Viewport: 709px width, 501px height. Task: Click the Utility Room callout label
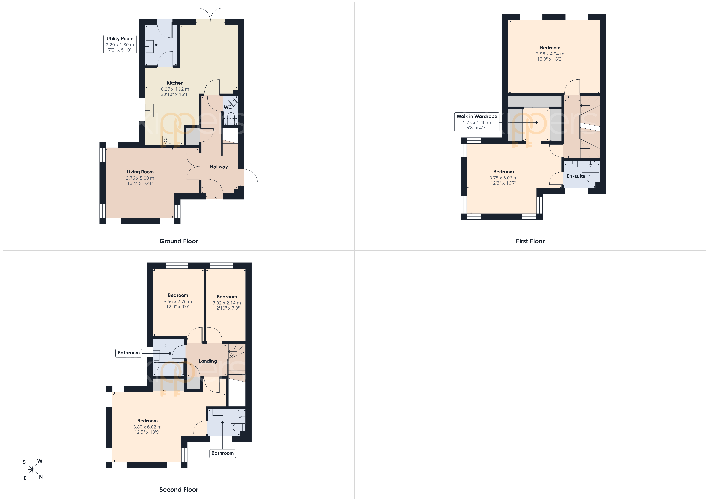click(120, 44)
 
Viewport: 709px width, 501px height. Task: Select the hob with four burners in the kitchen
click(168, 140)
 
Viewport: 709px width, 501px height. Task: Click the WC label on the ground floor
click(228, 107)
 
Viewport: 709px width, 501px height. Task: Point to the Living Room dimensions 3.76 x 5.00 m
click(140, 178)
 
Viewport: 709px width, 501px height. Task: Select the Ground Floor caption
click(178, 241)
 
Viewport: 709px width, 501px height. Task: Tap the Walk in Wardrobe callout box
click(477, 122)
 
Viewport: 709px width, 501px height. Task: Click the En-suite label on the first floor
click(576, 176)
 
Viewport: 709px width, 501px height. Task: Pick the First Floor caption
click(530, 241)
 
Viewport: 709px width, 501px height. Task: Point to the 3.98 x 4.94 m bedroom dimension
click(550, 54)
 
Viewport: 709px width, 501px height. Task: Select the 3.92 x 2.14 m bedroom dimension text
click(227, 303)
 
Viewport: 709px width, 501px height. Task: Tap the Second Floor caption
click(178, 490)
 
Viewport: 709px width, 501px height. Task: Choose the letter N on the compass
click(41, 477)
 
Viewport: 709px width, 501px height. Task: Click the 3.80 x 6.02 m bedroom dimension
click(147, 427)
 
